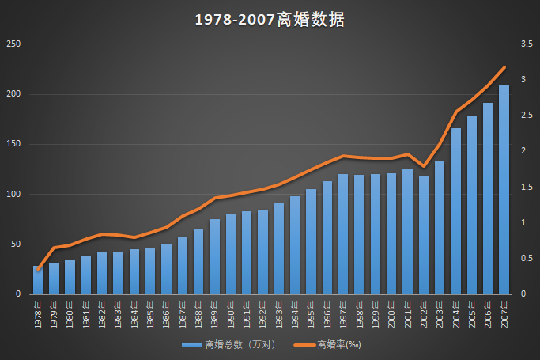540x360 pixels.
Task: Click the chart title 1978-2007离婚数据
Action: (270, 20)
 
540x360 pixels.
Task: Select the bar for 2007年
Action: (504, 190)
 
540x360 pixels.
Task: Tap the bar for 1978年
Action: (38, 281)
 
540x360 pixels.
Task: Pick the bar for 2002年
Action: (424, 235)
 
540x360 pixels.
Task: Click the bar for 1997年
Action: (343, 234)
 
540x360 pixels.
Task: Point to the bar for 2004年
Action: (455, 211)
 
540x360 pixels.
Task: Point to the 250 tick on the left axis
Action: (13, 44)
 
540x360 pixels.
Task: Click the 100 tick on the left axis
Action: (13, 194)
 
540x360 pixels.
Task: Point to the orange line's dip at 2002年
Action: (424, 167)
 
